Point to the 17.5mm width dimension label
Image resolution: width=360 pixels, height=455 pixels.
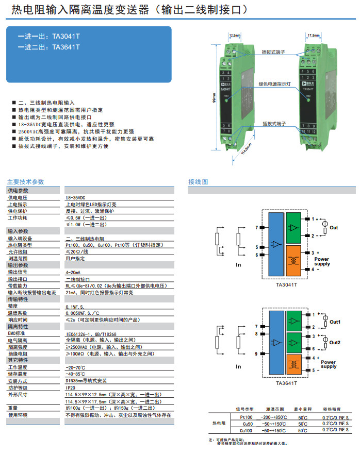(x=313, y=36)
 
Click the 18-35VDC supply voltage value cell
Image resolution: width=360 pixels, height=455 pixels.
(x=76, y=197)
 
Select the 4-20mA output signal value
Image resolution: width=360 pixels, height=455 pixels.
(x=73, y=272)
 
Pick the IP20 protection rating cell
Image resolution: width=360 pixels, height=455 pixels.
(x=70, y=387)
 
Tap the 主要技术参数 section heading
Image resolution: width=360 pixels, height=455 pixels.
(x=25, y=182)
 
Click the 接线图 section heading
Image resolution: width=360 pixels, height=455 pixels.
(x=198, y=182)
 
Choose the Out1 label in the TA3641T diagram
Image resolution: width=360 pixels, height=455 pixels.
(x=335, y=322)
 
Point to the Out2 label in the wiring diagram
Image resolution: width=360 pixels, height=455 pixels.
(x=335, y=343)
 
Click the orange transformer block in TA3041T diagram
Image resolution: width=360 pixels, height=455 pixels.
(x=294, y=260)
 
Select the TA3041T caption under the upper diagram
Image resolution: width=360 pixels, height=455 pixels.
(x=287, y=284)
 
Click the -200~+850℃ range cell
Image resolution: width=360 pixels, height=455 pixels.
(x=273, y=416)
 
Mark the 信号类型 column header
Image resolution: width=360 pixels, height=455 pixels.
(x=244, y=408)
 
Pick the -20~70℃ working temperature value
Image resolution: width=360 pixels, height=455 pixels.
(x=74, y=367)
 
